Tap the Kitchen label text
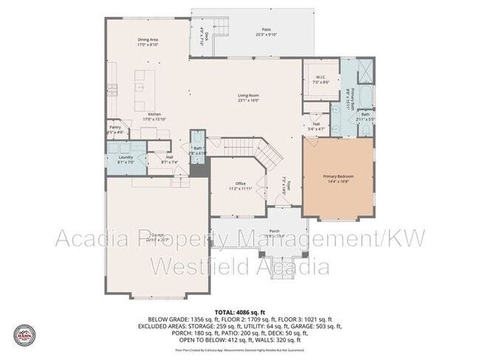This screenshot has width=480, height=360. coord(154,114)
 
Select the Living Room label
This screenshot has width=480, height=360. coord(248,95)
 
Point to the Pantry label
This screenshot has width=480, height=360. coord(114,128)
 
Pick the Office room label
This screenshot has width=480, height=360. coord(240,183)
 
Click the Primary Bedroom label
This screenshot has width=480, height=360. coord(339,176)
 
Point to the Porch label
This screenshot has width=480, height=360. coord(273,231)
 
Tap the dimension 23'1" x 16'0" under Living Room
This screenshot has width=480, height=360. coord(248,100)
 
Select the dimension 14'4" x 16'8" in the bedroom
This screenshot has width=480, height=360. coord(339,181)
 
